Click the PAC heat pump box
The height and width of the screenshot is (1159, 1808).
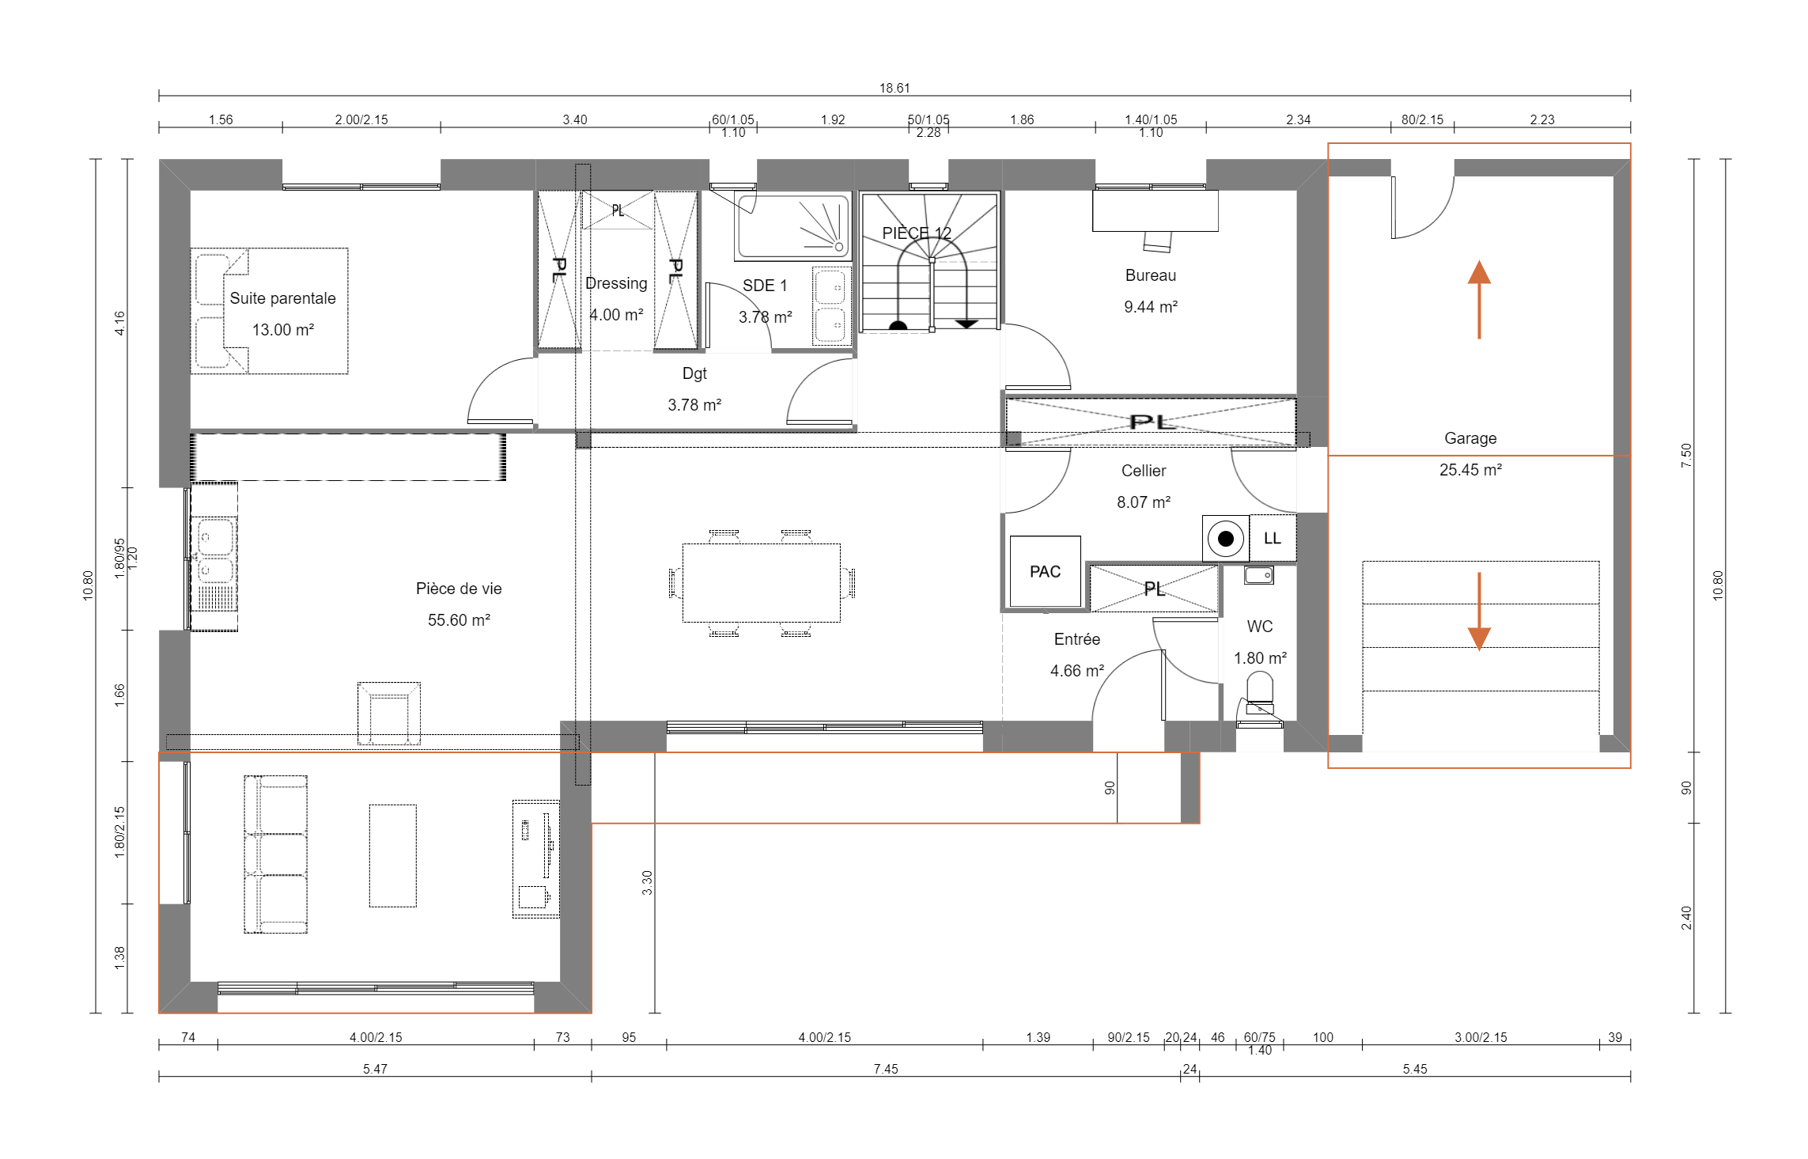pyautogui.click(x=1045, y=571)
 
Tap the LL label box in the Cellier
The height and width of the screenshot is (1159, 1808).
pyautogui.click(x=1273, y=538)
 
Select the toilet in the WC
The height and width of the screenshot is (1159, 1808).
pyautogui.click(x=1260, y=688)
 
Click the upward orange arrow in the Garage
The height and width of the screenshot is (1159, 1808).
pyautogui.click(x=1479, y=300)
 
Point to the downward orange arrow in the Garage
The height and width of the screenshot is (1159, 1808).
pyautogui.click(x=1479, y=612)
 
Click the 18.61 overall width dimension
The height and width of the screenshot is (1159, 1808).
pyautogui.click(x=895, y=88)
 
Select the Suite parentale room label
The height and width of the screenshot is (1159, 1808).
pyautogui.click(x=282, y=298)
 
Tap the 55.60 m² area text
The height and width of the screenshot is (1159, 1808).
pyautogui.click(x=459, y=620)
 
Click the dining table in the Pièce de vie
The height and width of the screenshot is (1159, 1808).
pyautogui.click(x=762, y=582)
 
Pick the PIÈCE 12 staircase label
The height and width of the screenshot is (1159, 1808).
pyautogui.click(x=917, y=233)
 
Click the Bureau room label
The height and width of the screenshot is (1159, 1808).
pyautogui.click(x=1151, y=275)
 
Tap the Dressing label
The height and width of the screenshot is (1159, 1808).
pyautogui.click(x=616, y=283)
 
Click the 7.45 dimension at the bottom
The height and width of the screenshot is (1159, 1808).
pyautogui.click(x=886, y=1069)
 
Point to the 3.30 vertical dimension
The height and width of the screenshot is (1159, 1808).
pyautogui.click(x=647, y=882)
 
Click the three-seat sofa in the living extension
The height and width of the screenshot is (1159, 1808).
pyautogui.click(x=275, y=854)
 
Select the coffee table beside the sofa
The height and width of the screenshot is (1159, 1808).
pyautogui.click(x=392, y=855)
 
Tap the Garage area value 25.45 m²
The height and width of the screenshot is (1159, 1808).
pyautogui.click(x=1470, y=470)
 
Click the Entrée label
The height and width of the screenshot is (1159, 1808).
pyautogui.click(x=1077, y=639)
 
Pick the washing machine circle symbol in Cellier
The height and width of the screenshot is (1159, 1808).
pyautogui.click(x=1226, y=539)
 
